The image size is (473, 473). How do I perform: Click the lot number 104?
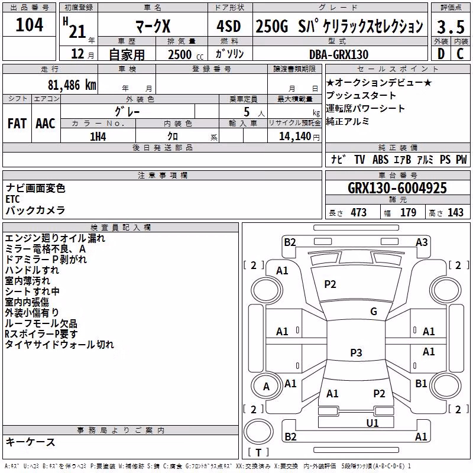pos(29,25)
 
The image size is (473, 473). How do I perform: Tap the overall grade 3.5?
pos(451,27)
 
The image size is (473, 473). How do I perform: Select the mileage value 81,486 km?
pos(72,85)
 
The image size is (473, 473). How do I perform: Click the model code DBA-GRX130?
pos(339,54)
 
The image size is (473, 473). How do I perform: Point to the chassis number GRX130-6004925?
pos(397,188)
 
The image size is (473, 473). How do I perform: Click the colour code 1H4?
pos(98,137)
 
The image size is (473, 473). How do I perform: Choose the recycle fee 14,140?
pos(295,137)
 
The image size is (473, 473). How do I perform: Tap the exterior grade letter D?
pos(441,54)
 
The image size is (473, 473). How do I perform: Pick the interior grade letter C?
pos(460,54)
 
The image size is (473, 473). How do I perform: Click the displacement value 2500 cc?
pos(186,54)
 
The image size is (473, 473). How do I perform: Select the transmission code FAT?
pos(17,124)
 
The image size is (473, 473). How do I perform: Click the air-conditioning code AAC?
pos(46,124)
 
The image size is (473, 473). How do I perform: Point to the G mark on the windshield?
pos(374,312)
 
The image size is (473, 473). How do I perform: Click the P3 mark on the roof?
pos(356,352)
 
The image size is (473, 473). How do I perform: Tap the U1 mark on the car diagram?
pos(372,423)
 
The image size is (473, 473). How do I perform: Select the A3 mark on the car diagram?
pos(422,242)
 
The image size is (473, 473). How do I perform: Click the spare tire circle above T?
pos(258,432)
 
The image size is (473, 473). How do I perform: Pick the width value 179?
pos(408,212)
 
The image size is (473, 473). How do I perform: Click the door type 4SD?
pos(229,27)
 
